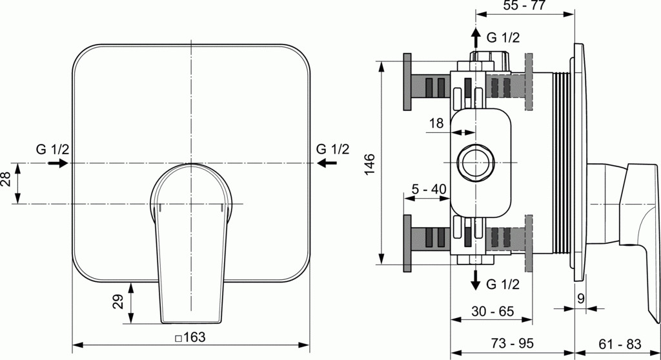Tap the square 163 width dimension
click(x=190, y=337)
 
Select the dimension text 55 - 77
click(x=524, y=5)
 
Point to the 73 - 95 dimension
click(x=512, y=343)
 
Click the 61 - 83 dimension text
click(x=620, y=344)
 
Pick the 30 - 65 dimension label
click(x=493, y=311)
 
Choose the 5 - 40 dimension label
click(x=429, y=189)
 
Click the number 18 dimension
click(x=436, y=123)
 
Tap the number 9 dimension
click(x=581, y=299)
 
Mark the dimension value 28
click(x=6, y=179)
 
